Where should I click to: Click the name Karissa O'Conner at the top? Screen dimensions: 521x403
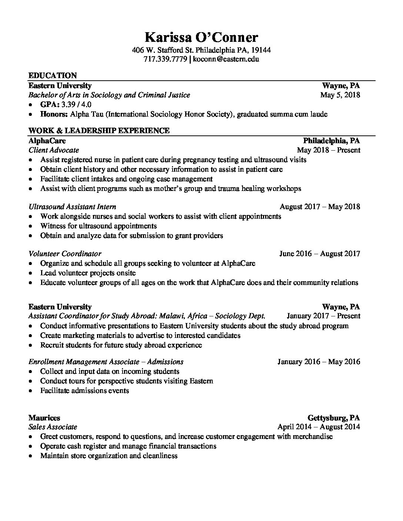[x=201, y=37]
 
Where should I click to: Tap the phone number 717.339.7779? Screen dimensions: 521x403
[x=165, y=59]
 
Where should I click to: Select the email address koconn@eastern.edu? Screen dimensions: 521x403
[x=226, y=59]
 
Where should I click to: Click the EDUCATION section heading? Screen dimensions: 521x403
[x=53, y=75]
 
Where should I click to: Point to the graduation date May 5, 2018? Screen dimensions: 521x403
[x=340, y=95]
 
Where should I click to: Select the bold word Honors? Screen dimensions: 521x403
[x=54, y=114]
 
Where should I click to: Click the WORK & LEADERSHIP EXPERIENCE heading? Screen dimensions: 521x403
[x=99, y=130]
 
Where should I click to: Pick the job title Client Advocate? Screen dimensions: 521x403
[x=54, y=150]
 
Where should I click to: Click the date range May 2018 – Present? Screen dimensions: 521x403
[x=328, y=150]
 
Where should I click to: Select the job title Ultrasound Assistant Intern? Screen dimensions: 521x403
[x=72, y=207]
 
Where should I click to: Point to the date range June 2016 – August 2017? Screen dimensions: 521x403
[x=319, y=254]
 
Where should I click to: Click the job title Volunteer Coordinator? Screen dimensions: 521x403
[x=65, y=254]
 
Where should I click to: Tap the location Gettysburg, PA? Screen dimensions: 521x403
[x=333, y=418]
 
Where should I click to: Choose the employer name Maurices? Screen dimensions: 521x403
[x=44, y=418]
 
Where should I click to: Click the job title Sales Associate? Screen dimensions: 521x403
[x=53, y=427]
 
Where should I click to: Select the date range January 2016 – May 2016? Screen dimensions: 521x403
[x=319, y=362]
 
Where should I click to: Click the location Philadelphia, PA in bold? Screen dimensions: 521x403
[x=331, y=141]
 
